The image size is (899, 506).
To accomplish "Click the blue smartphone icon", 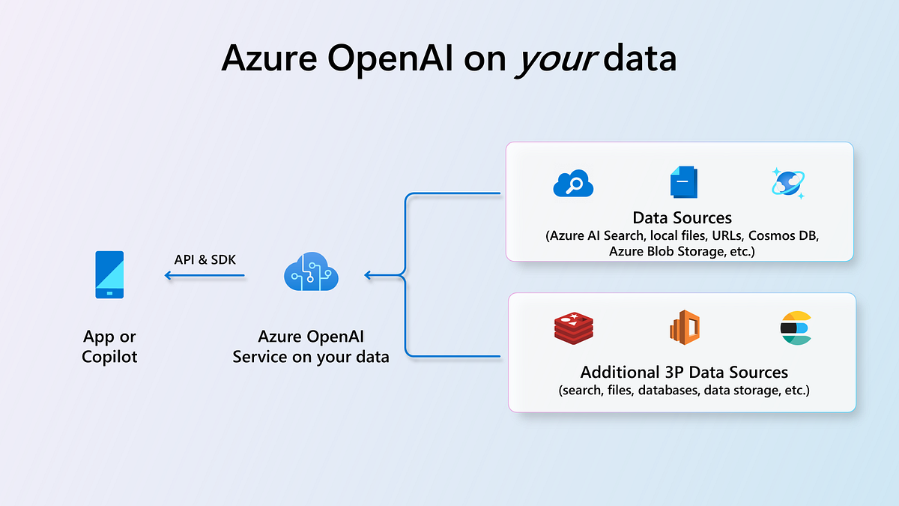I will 109,275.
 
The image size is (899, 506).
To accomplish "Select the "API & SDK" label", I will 205,259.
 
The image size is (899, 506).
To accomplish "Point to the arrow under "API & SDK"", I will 205,276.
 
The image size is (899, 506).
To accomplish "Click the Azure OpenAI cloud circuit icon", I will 312,274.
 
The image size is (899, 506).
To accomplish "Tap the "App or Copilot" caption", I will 109,346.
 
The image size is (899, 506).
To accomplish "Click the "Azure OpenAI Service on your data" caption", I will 311,346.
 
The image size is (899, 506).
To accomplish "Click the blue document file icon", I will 682,182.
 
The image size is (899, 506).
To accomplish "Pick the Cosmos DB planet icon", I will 788,183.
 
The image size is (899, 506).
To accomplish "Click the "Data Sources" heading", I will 682,218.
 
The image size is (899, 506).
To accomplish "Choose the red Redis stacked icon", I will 573,328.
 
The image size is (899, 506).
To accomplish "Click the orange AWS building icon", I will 683,328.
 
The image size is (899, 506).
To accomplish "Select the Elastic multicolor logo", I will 796,328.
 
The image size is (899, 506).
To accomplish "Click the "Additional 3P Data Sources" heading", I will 683,373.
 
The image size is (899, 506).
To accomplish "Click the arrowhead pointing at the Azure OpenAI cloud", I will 369,275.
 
